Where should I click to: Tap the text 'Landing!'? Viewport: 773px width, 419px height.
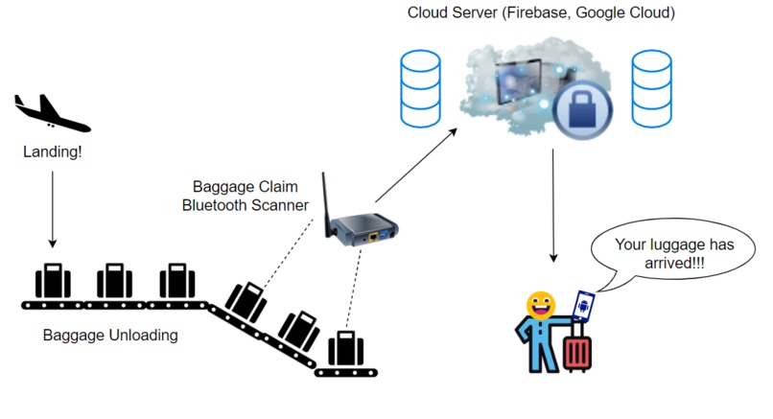tap(52, 151)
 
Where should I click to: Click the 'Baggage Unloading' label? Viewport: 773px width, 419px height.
tap(110, 337)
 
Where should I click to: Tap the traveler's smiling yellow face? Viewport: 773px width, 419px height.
tap(542, 306)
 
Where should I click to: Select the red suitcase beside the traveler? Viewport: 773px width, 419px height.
tap(577, 350)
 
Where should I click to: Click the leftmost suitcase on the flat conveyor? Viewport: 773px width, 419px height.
tap(53, 280)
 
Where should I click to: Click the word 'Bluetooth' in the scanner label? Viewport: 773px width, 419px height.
tap(219, 204)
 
